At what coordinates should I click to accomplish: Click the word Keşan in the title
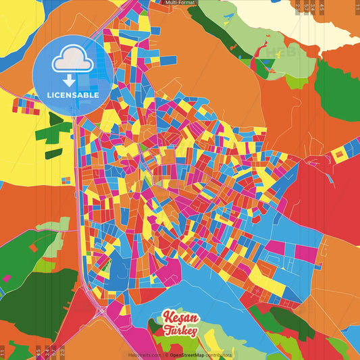(180, 318)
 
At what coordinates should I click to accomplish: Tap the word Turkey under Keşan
(180, 331)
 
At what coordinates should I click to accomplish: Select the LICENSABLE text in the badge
(74, 95)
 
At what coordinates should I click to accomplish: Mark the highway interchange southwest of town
(100, 307)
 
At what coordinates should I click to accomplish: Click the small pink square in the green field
(7, 278)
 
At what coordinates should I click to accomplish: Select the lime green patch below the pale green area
(296, 82)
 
